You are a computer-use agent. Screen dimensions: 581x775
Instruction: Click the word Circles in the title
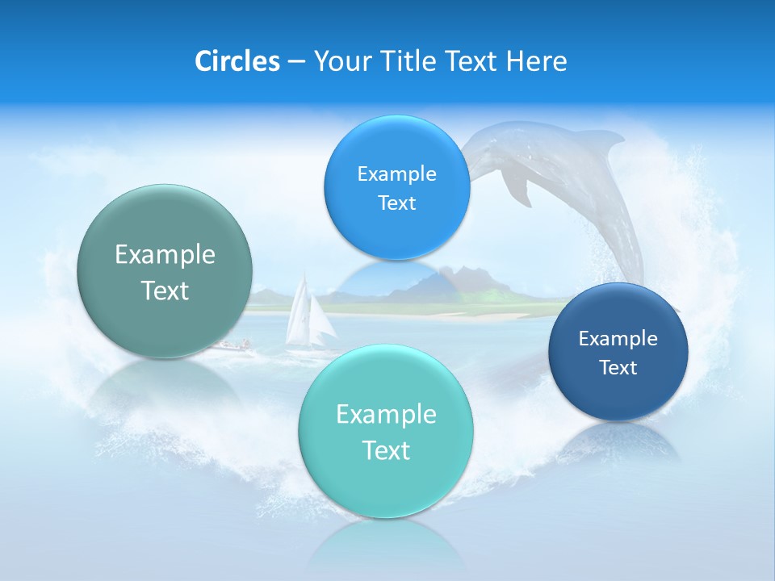[x=237, y=61]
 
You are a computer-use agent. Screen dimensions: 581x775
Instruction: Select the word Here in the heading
[x=536, y=61]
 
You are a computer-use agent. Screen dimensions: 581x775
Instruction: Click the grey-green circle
[x=165, y=271]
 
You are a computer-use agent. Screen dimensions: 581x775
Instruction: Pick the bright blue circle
[x=396, y=187]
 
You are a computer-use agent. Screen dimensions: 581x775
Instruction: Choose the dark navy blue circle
[x=618, y=352]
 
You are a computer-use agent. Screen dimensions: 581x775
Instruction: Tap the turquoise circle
[x=386, y=431]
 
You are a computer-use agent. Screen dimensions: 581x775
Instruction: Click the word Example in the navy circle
[x=618, y=338]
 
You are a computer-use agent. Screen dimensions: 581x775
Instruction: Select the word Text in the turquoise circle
[x=386, y=450]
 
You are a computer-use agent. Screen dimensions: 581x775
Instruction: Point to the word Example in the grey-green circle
[x=165, y=255]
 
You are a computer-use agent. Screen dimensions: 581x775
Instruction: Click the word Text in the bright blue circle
[x=396, y=203]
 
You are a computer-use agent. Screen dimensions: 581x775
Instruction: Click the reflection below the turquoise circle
[x=386, y=541]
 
